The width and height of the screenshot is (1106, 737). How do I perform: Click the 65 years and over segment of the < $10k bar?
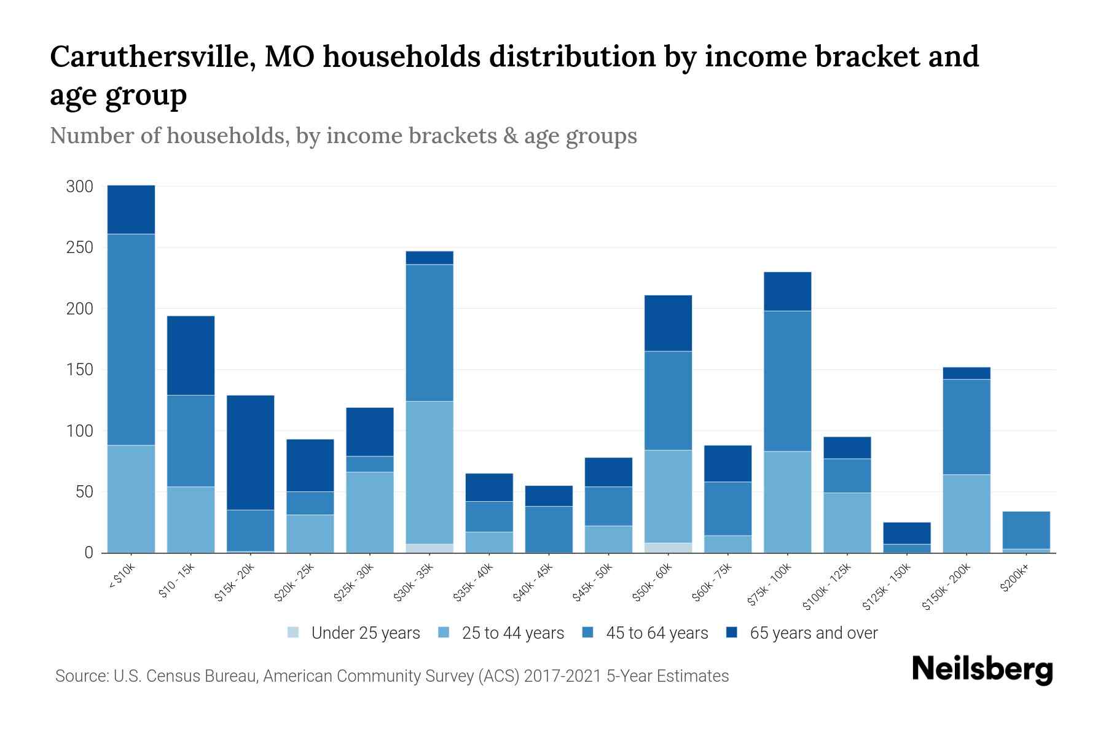pyautogui.click(x=131, y=209)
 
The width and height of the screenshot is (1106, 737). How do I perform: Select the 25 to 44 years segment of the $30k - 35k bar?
pyautogui.click(x=429, y=472)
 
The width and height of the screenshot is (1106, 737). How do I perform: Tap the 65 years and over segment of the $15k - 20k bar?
pyautogui.click(x=250, y=452)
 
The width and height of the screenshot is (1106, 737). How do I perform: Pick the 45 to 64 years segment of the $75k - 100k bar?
pyautogui.click(x=787, y=381)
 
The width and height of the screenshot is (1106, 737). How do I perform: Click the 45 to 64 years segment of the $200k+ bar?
pyautogui.click(x=1026, y=530)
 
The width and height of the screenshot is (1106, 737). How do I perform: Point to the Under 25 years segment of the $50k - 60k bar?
pyautogui.click(x=668, y=548)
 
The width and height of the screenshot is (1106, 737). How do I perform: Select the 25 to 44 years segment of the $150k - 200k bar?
pyautogui.click(x=966, y=513)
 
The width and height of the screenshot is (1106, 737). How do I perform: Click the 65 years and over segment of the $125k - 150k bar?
pyautogui.click(x=906, y=533)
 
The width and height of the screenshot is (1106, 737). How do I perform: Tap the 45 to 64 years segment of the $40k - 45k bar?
pyautogui.click(x=549, y=529)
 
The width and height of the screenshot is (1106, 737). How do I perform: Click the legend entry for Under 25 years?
pyautogui.click(x=365, y=633)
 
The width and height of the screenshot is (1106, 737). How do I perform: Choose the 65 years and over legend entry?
pyautogui.click(x=813, y=633)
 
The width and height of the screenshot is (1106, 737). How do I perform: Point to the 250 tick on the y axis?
pyautogui.click(x=79, y=248)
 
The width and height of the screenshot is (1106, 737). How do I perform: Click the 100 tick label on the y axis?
pyautogui.click(x=79, y=431)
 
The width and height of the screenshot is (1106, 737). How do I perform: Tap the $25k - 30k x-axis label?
pyautogui.click(x=353, y=583)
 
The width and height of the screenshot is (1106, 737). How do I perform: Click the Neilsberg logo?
pyautogui.click(x=982, y=669)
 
